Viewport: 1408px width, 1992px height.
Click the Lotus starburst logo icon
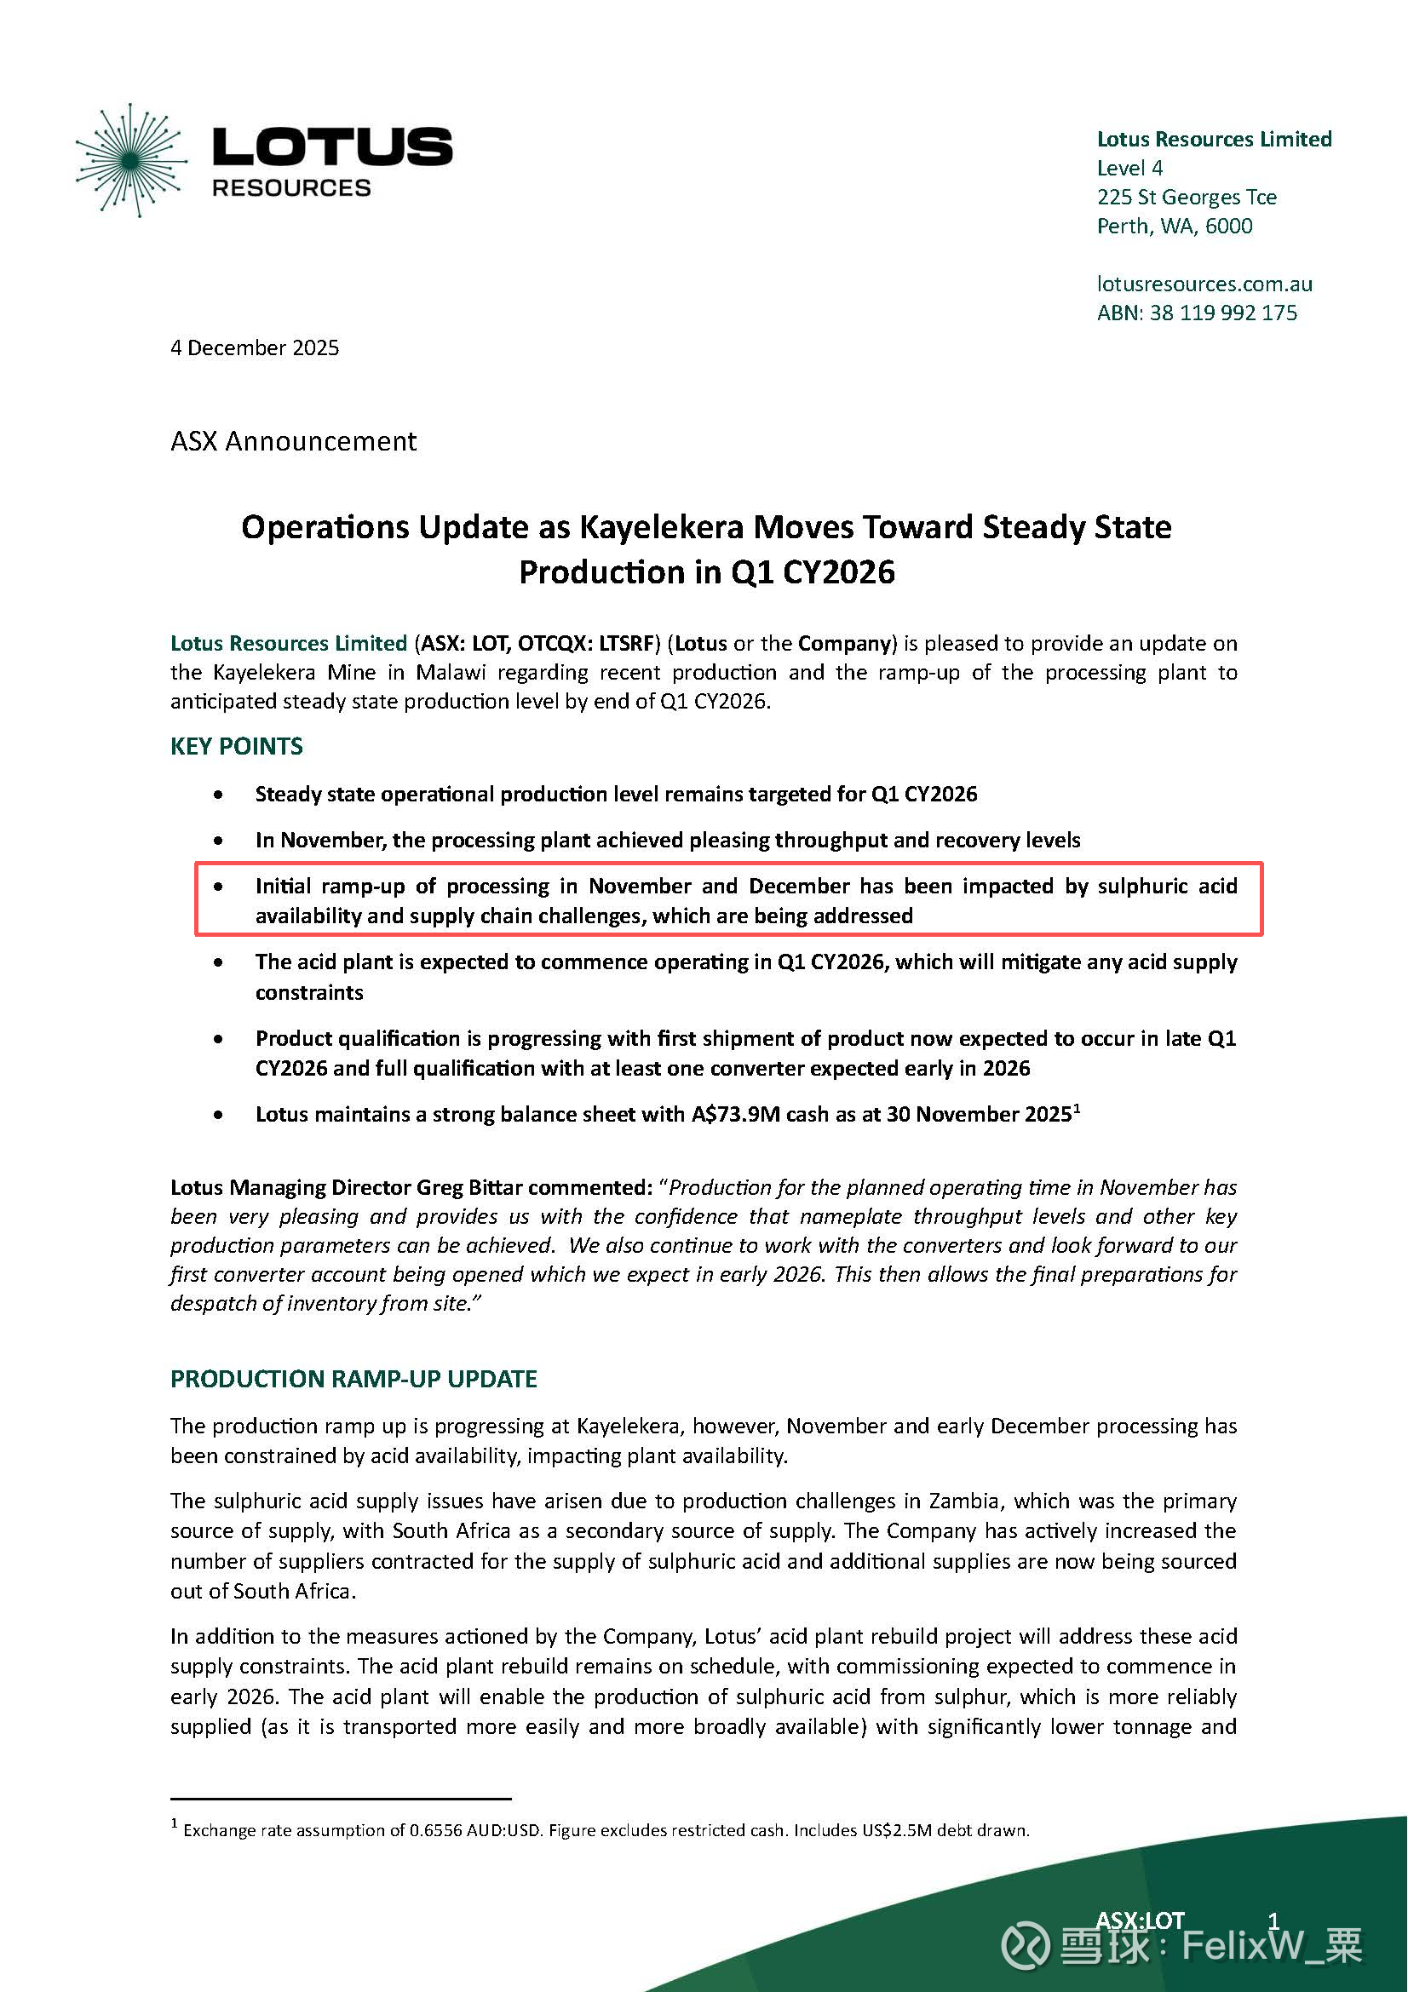132,159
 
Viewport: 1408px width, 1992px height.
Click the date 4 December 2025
254,348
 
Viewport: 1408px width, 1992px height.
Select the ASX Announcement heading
293,441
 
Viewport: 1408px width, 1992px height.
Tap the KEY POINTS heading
236,746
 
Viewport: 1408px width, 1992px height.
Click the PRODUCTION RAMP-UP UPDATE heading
353,1379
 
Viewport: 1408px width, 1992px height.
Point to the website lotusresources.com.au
1204,284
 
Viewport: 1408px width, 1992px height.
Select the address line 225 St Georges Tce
1186,197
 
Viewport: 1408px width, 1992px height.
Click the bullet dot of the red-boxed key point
219,887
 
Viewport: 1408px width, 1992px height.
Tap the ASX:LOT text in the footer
1140,1920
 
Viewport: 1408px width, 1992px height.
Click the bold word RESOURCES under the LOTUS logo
291,188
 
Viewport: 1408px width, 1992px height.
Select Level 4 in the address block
1129,169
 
